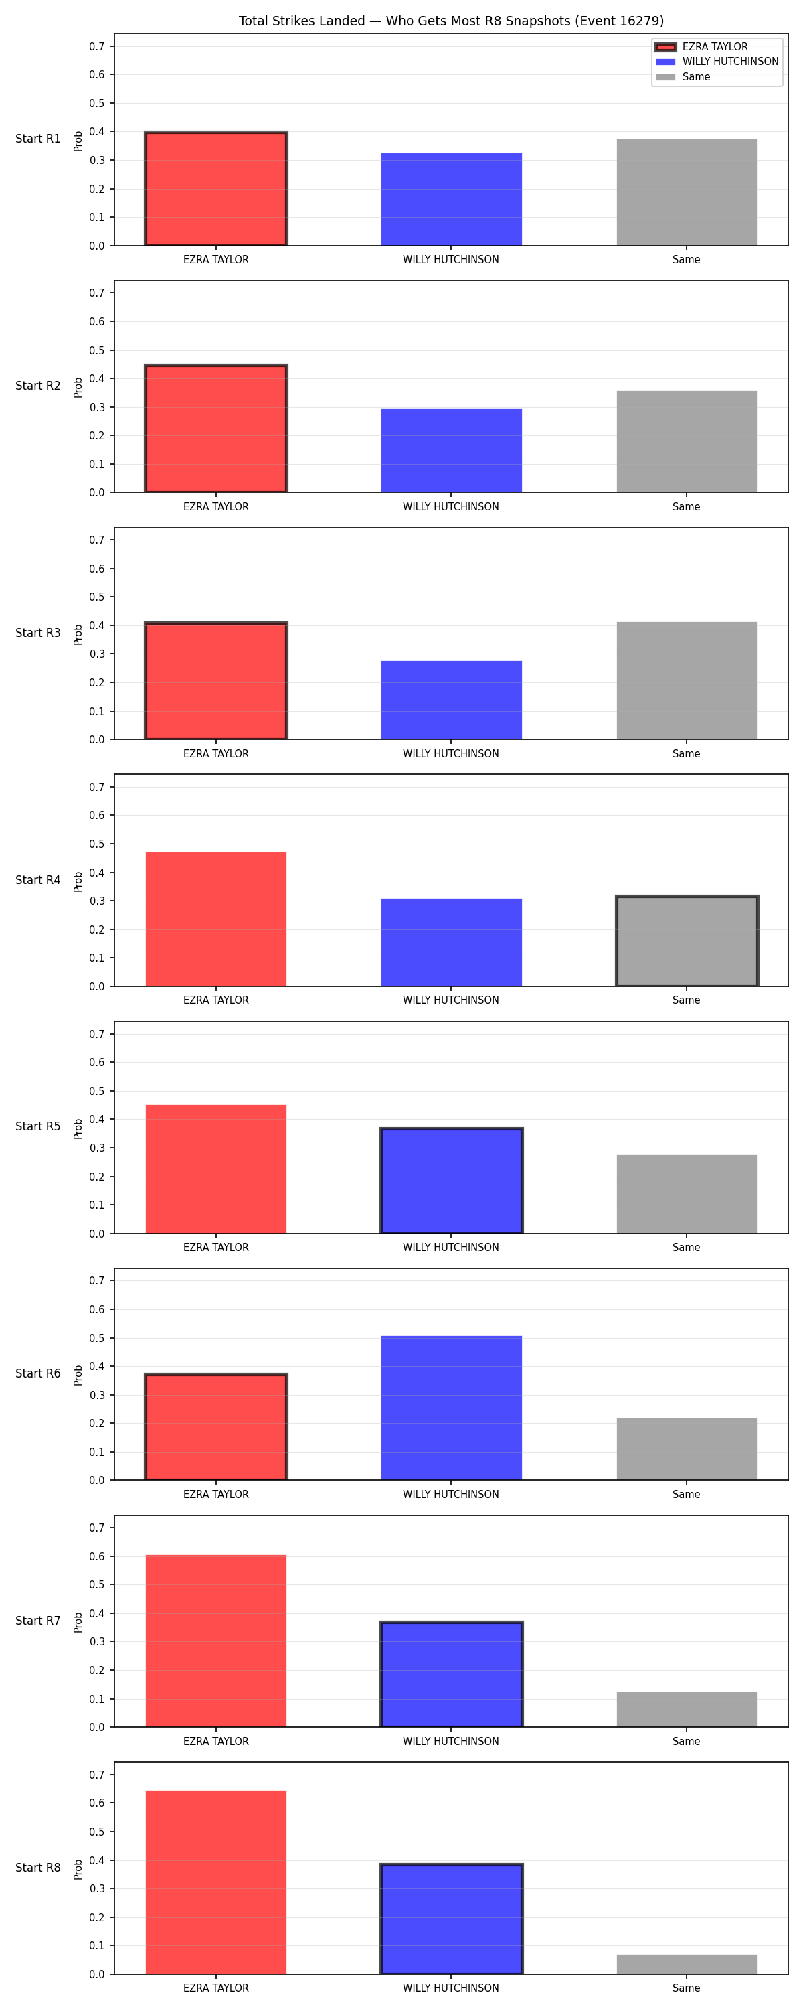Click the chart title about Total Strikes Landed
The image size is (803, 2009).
pyautogui.click(x=450, y=21)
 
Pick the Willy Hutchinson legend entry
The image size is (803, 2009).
pyautogui.click(x=717, y=62)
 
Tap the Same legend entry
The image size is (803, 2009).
pyautogui.click(x=683, y=77)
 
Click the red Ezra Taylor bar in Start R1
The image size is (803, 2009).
pyautogui.click(x=216, y=188)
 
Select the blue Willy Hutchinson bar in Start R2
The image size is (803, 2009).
pyautogui.click(x=452, y=451)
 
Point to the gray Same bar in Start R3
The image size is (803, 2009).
pyautogui.click(x=687, y=681)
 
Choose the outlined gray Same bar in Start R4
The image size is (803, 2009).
pyautogui.click(x=687, y=941)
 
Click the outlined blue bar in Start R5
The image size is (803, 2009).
pyautogui.click(x=452, y=1181)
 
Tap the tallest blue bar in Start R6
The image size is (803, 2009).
pyautogui.click(x=452, y=1408)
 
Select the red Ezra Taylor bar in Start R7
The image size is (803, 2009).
pyautogui.click(x=216, y=1641)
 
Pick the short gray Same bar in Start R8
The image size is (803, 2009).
pyautogui.click(x=687, y=1965)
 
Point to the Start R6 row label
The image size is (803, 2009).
pyautogui.click(x=38, y=1373)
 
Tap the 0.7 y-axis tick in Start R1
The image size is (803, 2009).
pyautogui.click(x=96, y=47)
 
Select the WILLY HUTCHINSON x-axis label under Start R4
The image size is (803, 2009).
pyautogui.click(x=450, y=1000)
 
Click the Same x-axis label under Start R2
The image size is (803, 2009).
pyautogui.click(x=686, y=507)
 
